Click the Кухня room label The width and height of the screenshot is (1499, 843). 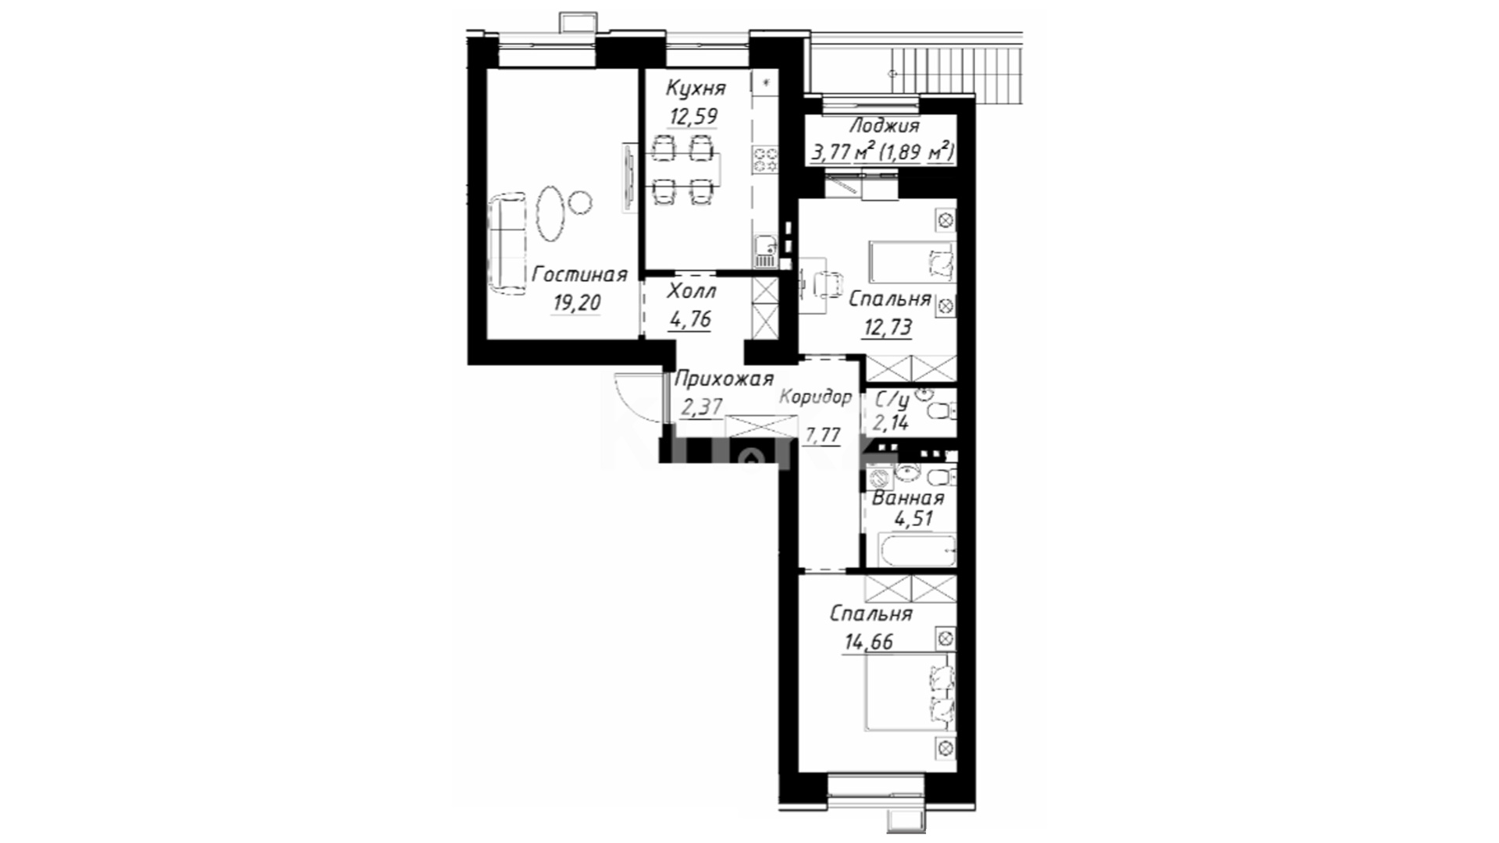click(x=696, y=87)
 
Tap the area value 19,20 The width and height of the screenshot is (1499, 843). click(x=577, y=303)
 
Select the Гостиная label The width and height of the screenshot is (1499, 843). click(x=579, y=275)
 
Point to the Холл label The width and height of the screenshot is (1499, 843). click(x=692, y=292)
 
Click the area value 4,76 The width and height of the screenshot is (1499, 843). click(x=690, y=318)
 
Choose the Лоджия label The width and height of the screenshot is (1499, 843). click(x=884, y=125)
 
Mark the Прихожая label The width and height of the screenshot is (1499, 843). click(x=724, y=379)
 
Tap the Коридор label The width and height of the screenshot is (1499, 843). click(x=816, y=397)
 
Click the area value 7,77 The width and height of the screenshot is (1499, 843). click(x=822, y=435)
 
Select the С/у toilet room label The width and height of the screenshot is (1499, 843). click(x=892, y=400)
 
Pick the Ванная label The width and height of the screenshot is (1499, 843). click(x=908, y=498)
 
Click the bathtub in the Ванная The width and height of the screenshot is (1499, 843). click(x=918, y=550)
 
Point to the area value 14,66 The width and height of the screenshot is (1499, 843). click(x=868, y=642)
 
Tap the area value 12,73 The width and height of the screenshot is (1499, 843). click(x=887, y=327)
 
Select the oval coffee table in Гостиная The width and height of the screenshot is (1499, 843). click(x=551, y=212)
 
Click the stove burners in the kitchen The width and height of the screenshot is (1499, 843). click(x=764, y=160)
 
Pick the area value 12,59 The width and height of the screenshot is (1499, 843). click(x=693, y=116)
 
